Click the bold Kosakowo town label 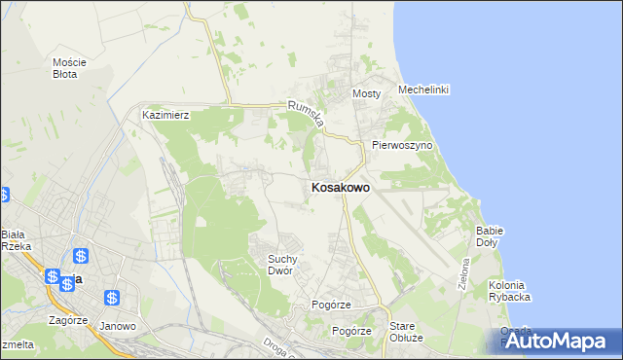[x=340, y=188]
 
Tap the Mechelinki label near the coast [x=423, y=90]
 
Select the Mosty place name [x=366, y=93]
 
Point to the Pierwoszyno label [x=401, y=145]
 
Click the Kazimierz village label [x=165, y=115]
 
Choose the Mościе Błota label [x=70, y=67]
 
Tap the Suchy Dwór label [x=288, y=265]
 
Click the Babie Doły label [x=489, y=236]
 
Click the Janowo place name [x=118, y=326]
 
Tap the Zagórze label [x=68, y=319]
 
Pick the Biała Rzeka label [x=16, y=240]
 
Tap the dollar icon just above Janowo [x=113, y=298]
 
